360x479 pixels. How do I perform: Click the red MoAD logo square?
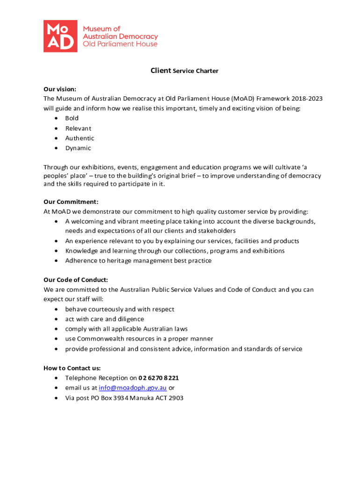click(x=60, y=36)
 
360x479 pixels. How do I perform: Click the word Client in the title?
click(x=161, y=71)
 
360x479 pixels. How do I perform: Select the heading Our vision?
click(x=60, y=89)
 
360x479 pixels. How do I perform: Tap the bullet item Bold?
click(x=72, y=118)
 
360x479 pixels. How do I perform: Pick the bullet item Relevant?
click(x=78, y=128)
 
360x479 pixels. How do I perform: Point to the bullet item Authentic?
click(x=79, y=138)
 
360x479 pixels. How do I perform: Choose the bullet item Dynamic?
click(x=78, y=148)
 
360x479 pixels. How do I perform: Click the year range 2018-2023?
click(x=307, y=99)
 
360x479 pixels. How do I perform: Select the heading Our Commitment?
click(x=71, y=202)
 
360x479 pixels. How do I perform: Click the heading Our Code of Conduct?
click(x=76, y=280)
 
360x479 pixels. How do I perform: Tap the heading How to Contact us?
click(x=72, y=368)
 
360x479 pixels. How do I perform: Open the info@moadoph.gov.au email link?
click(x=133, y=388)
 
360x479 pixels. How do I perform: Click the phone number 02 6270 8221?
click(x=158, y=378)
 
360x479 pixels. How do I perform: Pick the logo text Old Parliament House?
click(x=120, y=44)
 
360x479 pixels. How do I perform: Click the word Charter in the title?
click(x=207, y=71)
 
